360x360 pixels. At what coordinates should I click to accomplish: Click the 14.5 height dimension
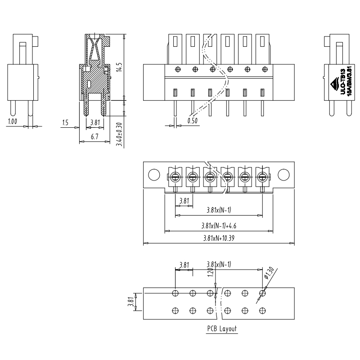tap(119, 67)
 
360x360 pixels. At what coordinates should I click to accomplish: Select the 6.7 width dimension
tap(94, 137)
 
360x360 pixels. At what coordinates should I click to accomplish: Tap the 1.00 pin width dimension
tap(13, 121)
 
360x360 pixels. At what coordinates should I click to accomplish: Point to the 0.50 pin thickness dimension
tap(193, 121)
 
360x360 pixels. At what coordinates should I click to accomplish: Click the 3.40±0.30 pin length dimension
tap(119, 134)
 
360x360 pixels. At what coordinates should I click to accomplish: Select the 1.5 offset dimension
tap(65, 122)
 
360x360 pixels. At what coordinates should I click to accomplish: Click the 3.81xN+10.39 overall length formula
tap(219, 238)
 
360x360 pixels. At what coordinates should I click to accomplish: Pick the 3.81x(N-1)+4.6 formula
tap(219, 226)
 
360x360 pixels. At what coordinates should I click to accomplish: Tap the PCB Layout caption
tap(222, 329)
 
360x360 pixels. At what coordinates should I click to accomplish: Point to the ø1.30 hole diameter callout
tap(269, 273)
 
